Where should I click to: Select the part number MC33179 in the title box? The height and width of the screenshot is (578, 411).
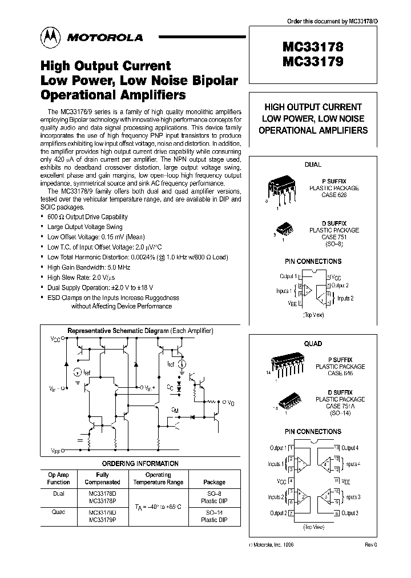312,63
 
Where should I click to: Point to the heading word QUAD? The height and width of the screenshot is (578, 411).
313,344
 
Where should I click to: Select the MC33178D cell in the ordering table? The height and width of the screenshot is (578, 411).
103,494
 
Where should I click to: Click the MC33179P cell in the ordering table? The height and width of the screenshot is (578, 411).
103,520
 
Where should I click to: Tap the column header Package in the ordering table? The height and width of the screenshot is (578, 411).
215,482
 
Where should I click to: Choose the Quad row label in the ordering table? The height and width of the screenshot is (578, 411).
59,512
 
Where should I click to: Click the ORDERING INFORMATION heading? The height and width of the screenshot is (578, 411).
140,464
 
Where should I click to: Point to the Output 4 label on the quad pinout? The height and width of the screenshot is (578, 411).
349,448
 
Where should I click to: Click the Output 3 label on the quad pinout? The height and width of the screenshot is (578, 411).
349,513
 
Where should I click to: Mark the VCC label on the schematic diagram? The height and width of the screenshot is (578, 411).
55,339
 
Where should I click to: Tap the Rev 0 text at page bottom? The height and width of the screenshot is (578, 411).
371,545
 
